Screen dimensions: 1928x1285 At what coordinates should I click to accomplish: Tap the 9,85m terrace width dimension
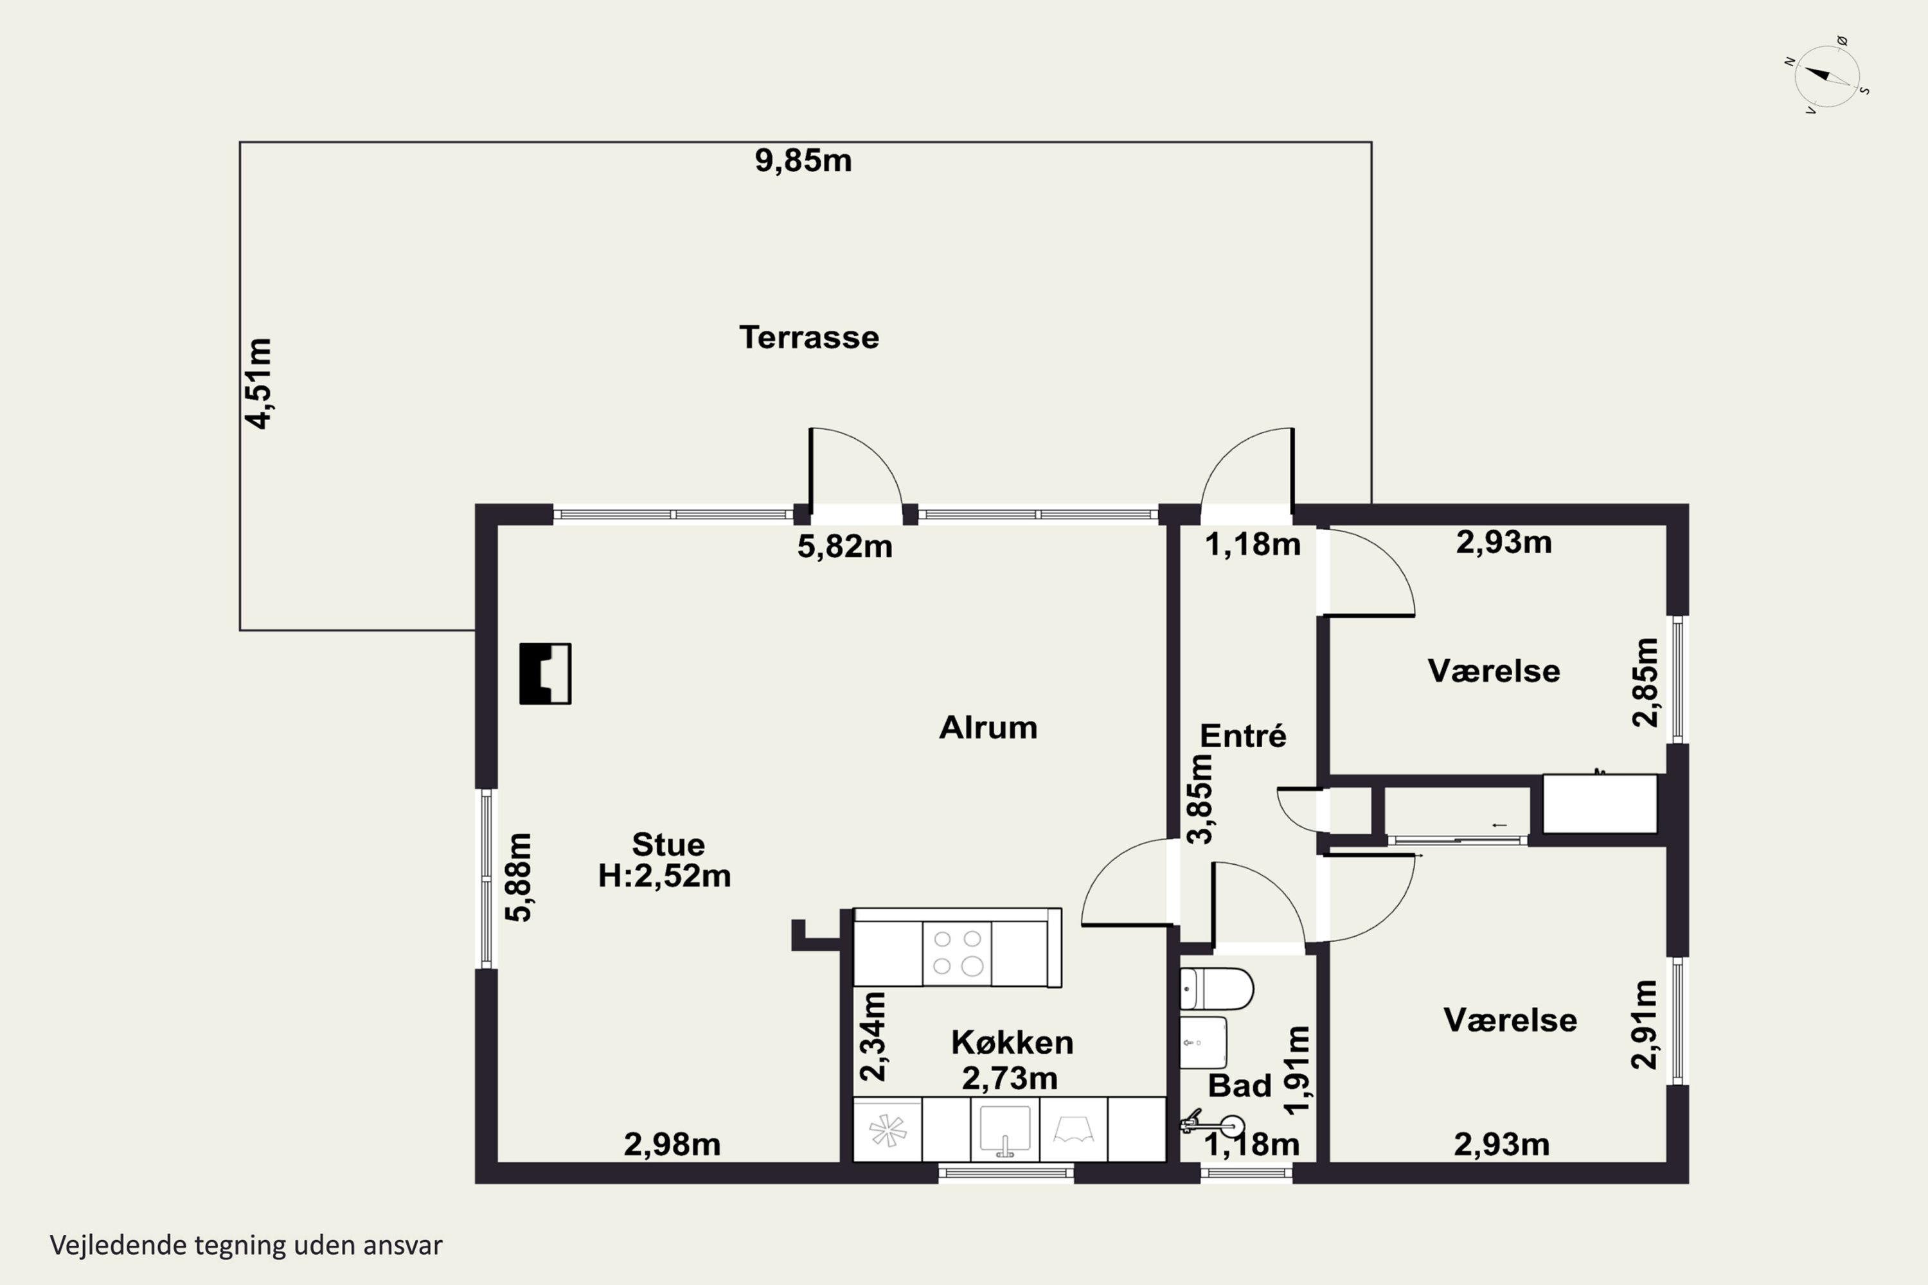[803, 161]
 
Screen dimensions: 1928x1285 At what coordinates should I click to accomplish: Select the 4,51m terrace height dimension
[258, 384]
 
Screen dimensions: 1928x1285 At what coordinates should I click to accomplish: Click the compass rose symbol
[1827, 77]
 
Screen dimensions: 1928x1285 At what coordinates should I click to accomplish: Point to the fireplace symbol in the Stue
[545, 673]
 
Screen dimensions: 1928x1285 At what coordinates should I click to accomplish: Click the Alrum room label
[988, 728]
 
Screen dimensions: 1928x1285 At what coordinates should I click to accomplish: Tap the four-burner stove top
[958, 953]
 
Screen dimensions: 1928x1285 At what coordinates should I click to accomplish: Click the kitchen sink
[1005, 1130]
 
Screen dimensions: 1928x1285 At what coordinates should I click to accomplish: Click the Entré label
[1243, 736]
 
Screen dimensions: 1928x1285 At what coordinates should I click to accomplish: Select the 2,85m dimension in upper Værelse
[1645, 682]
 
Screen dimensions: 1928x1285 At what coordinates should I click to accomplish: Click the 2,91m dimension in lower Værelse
[1645, 1024]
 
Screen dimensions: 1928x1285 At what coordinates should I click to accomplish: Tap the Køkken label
[1012, 1042]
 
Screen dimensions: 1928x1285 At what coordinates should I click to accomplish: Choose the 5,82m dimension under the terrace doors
[845, 547]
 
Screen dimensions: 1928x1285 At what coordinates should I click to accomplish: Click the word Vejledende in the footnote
[118, 1245]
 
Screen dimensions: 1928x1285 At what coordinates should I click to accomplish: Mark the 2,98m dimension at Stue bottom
[672, 1144]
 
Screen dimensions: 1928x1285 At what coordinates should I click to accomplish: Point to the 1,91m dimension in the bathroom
[1297, 1070]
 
